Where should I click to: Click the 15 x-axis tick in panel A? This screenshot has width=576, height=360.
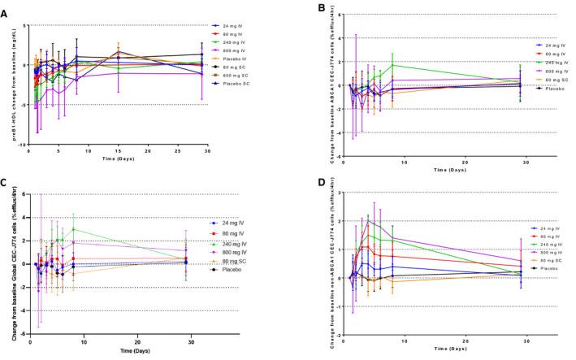point(119,151)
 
